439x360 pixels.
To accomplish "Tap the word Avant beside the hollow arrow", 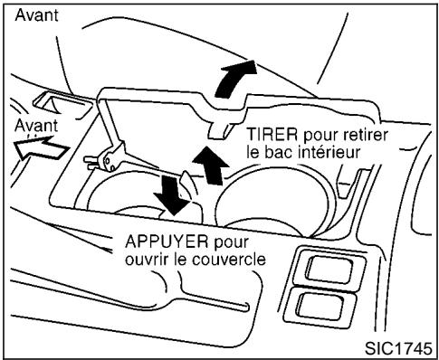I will pos(33,125).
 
